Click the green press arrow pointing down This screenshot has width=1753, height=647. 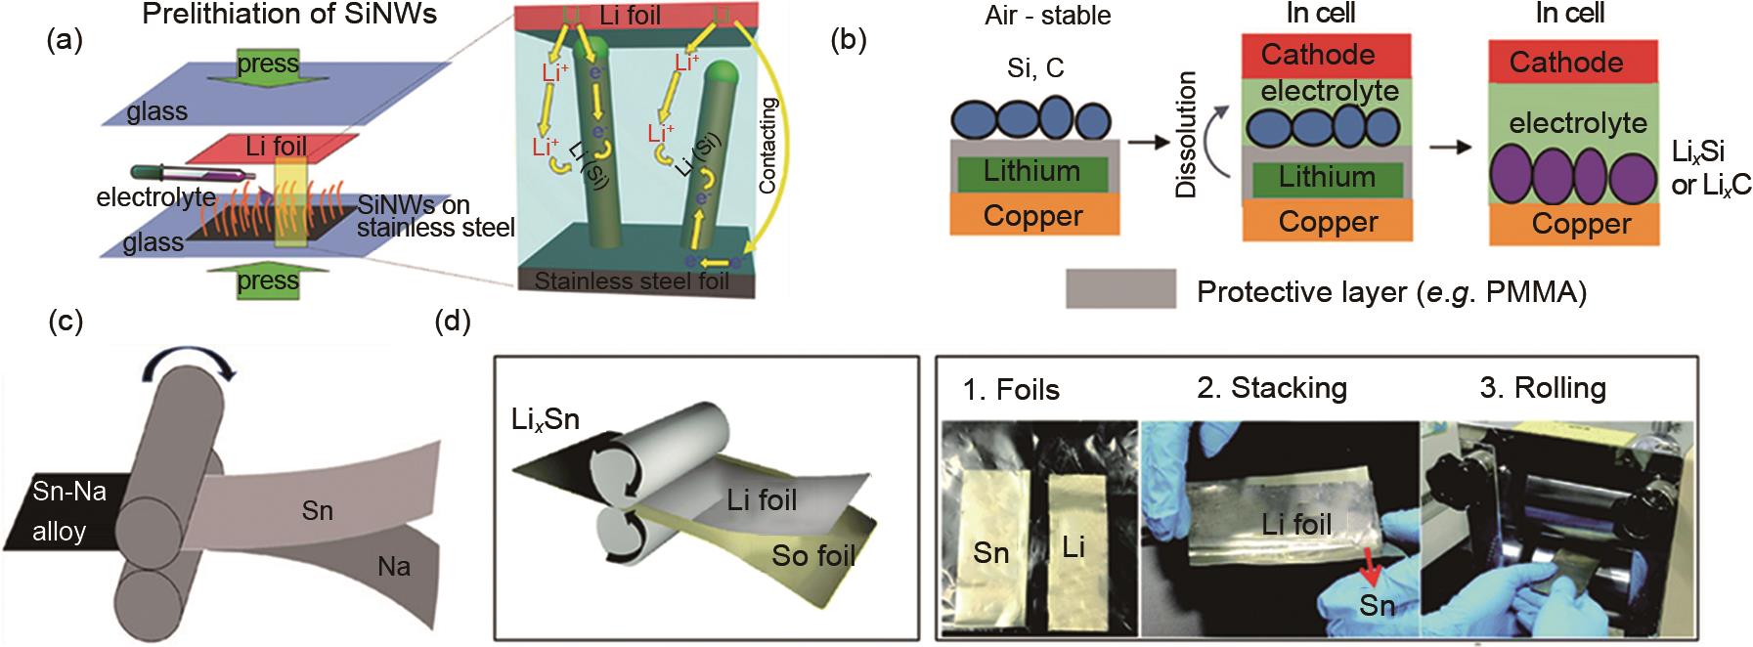coord(267,66)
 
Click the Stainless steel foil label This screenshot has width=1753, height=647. coord(632,281)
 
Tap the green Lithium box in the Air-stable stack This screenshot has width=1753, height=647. coord(1031,172)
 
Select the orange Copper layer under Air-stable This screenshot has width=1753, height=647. coord(1032,215)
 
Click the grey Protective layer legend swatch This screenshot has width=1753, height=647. coord(1120,290)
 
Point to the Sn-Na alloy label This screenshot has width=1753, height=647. coord(68,511)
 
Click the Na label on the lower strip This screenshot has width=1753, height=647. coord(394,565)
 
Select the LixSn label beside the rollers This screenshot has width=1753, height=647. coord(545,419)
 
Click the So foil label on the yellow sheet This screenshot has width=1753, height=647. coord(813,555)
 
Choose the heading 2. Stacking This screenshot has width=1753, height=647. coord(1271,388)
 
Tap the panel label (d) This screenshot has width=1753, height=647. coord(453,322)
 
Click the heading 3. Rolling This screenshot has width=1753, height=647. coord(1542,388)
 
